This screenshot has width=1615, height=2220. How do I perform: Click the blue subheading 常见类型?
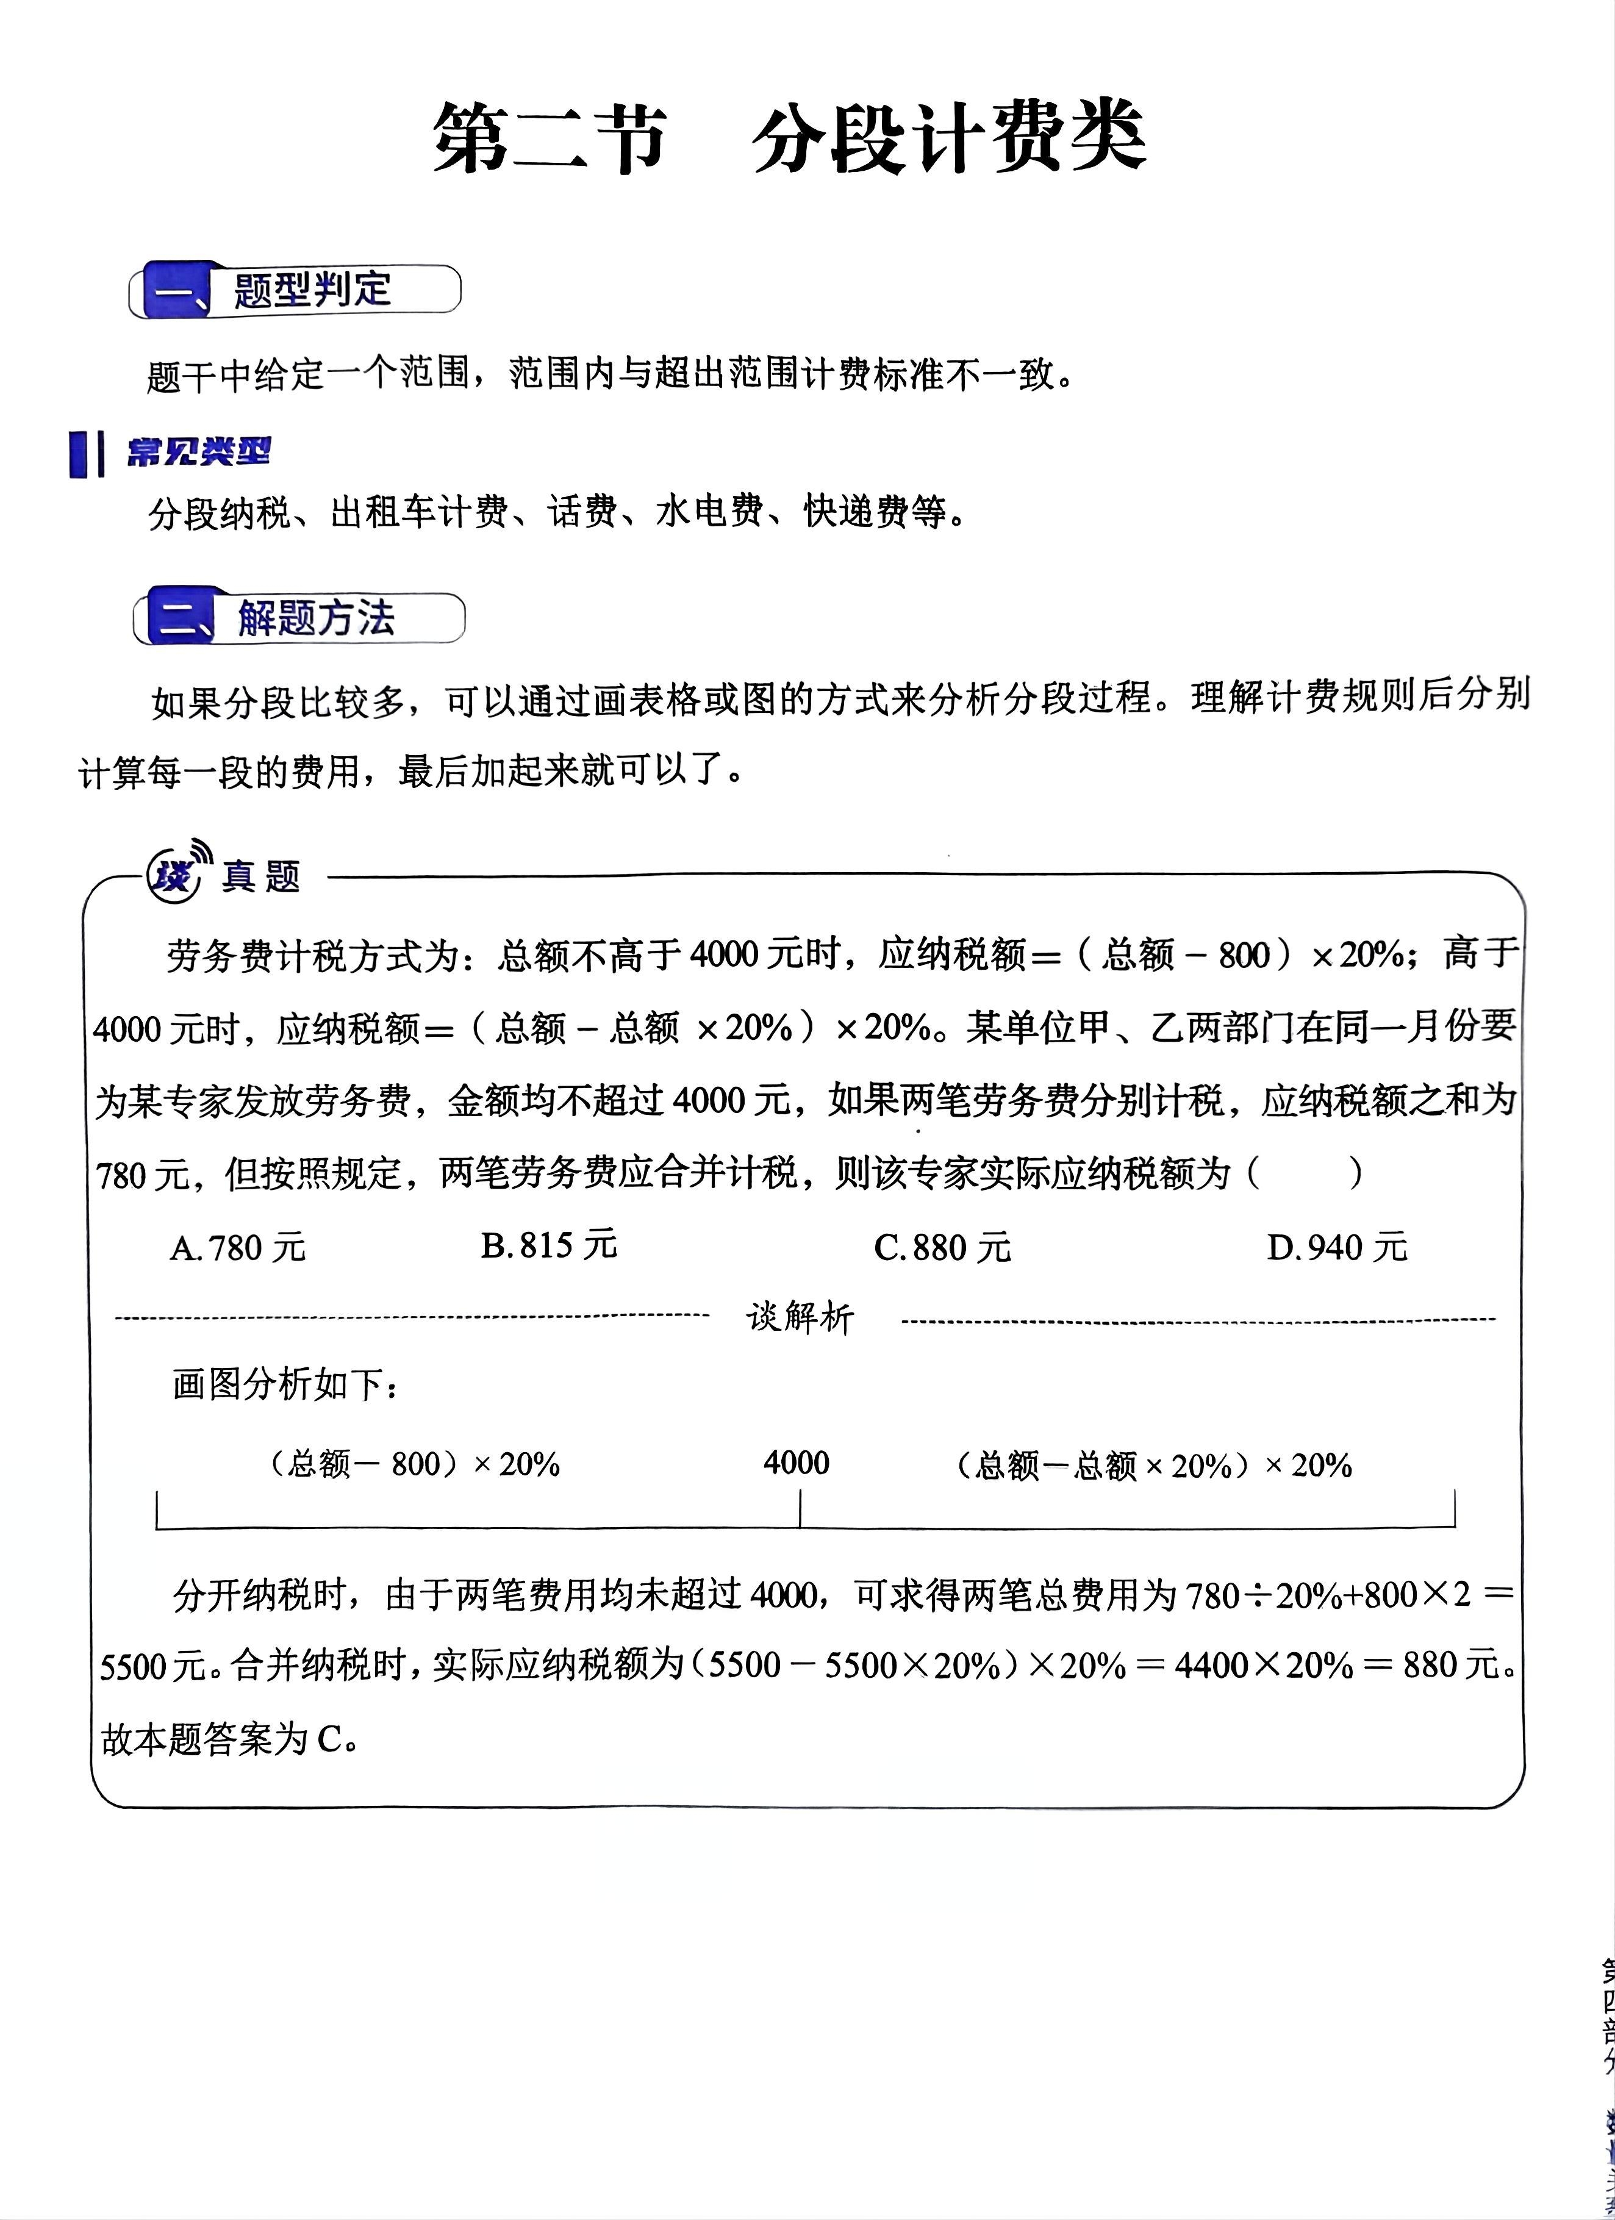[x=198, y=452]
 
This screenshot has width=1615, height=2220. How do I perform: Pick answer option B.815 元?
[x=549, y=1246]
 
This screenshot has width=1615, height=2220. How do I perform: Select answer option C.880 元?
[x=942, y=1248]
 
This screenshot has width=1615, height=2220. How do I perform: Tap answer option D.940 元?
[x=1337, y=1248]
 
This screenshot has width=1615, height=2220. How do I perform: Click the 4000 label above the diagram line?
[x=797, y=1463]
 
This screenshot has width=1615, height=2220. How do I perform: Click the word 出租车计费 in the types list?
[x=419, y=512]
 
